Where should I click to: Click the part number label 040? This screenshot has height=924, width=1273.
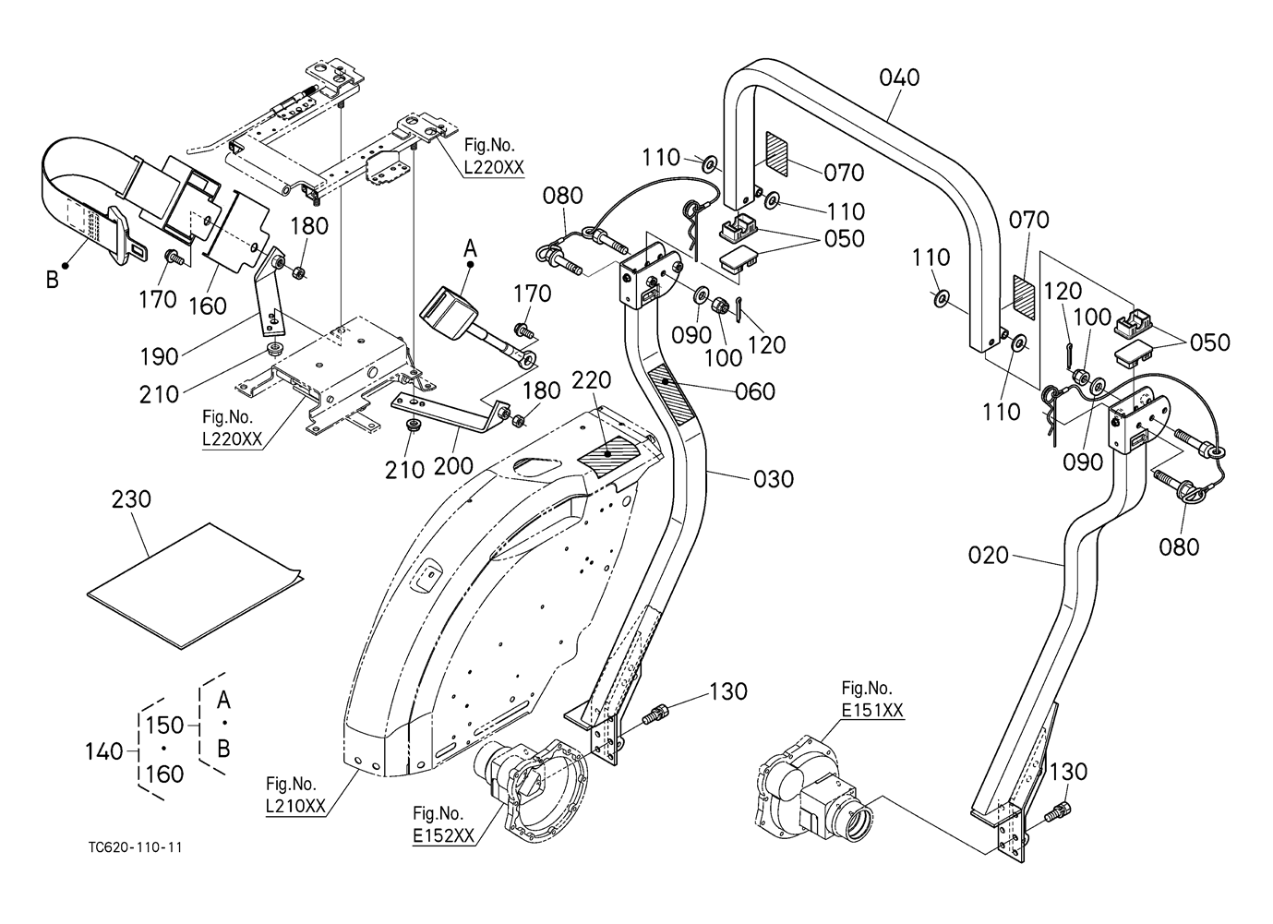(899, 78)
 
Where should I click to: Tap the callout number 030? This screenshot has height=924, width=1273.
(774, 479)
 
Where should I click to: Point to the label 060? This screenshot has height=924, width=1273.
(755, 391)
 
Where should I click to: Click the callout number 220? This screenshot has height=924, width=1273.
(591, 381)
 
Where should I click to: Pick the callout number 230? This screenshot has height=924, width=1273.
(131, 499)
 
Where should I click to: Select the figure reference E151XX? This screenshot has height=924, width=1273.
(871, 710)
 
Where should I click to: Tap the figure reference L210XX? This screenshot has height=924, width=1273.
(295, 806)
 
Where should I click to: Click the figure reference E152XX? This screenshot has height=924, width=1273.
(444, 835)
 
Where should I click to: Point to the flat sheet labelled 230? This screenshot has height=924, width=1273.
(194, 583)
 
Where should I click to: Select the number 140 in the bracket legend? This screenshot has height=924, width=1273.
(103, 752)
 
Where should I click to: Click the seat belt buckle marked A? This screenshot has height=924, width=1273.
(450, 307)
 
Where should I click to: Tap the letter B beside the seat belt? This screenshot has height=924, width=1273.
(52, 279)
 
